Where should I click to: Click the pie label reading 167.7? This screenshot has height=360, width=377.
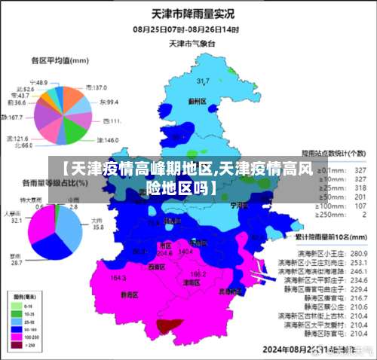[13, 117]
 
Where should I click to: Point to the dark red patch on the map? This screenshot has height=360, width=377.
[169, 325]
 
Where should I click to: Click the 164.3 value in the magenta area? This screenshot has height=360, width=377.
[118, 278]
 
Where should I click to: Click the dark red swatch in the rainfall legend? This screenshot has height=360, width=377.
[16, 345]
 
